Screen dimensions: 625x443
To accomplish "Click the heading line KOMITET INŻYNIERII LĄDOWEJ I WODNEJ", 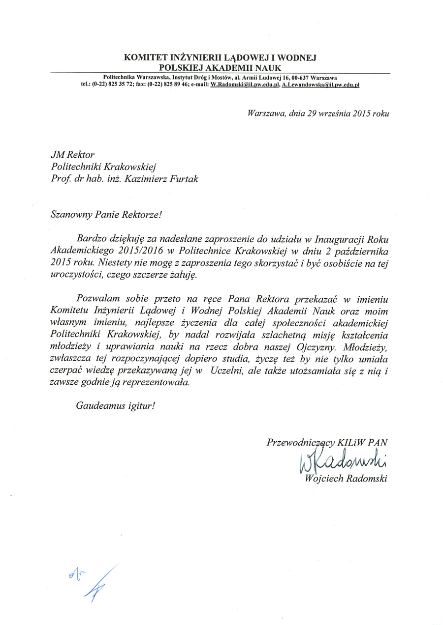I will tap(220, 57).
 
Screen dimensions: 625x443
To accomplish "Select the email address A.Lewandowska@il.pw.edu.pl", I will tap(320, 85).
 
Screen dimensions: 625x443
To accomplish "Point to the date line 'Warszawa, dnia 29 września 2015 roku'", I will tap(318, 114).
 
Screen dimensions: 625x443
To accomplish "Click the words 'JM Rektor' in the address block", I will tap(72, 155).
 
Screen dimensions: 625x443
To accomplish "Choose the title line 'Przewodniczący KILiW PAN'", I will tap(327, 442).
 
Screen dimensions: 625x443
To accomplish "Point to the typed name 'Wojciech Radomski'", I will tap(347, 479).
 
